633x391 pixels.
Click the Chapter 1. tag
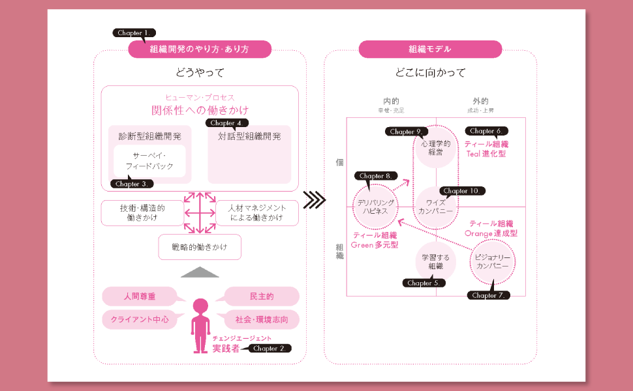pyautogui.click(x=134, y=33)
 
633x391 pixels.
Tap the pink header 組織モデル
pyautogui.click(x=430, y=50)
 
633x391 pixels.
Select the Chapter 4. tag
pyautogui.click(x=227, y=123)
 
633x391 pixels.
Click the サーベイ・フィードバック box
pyautogui.click(x=149, y=161)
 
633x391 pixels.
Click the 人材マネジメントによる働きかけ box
pyautogui.click(x=256, y=213)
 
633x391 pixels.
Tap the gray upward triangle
pyautogui.click(x=200, y=272)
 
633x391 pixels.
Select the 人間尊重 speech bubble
pyautogui.click(x=140, y=297)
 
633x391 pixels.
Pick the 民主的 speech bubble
pyautogui.click(x=262, y=297)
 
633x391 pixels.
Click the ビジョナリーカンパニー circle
pyautogui.click(x=493, y=262)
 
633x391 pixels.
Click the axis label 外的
pyautogui.click(x=480, y=101)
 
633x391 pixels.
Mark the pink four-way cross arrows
pyautogui.click(x=200, y=212)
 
